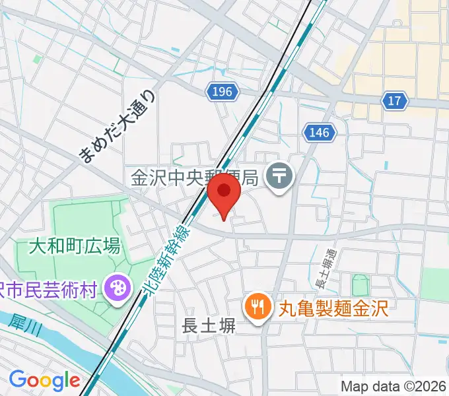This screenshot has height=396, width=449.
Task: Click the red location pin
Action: (223, 196)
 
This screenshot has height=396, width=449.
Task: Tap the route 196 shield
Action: (222, 92)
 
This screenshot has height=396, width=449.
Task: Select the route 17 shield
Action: (394, 100)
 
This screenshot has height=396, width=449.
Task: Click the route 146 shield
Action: (318, 133)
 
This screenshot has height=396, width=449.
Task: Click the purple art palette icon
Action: (118, 288)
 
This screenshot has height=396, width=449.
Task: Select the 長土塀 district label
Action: (209, 325)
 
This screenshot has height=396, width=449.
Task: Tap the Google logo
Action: (44, 380)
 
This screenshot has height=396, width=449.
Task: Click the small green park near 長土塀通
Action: (361, 286)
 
